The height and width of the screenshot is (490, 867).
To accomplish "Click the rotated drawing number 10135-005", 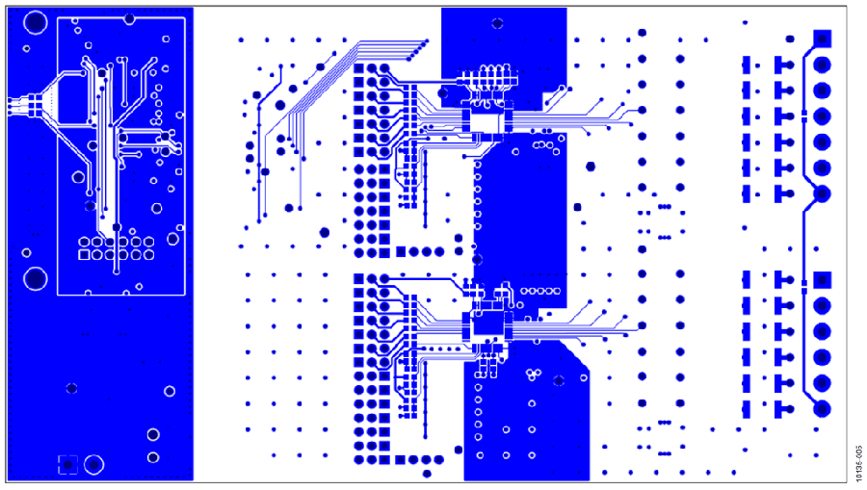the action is click(858, 463).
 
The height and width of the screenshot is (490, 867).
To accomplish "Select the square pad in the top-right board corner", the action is click(823, 39).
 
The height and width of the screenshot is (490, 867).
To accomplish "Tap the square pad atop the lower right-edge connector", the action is click(823, 280).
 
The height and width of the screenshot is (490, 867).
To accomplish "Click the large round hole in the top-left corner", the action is click(36, 23).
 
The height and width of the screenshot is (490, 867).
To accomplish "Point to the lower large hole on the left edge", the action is click(36, 278).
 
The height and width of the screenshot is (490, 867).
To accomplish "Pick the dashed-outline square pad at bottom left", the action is click(68, 465).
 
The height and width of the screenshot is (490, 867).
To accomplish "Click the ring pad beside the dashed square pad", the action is click(94, 465).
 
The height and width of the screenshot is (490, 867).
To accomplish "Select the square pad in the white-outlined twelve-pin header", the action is click(84, 255).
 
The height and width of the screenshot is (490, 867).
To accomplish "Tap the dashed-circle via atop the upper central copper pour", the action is click(497, 23).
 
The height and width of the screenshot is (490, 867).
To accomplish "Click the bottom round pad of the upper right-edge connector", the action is click(823, 193).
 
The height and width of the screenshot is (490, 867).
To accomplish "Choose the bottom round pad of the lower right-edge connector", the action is click(823, 409).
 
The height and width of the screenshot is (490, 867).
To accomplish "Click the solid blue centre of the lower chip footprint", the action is click(486, 324).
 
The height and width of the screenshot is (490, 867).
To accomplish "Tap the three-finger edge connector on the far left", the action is click(21, 106).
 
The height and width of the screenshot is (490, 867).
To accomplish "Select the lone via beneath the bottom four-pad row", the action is click(427, 474).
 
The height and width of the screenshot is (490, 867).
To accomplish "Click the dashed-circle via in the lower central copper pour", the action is click(559, 380).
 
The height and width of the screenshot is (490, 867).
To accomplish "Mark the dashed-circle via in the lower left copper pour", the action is click(71, 388).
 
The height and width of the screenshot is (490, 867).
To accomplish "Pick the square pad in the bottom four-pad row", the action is click(401, 459).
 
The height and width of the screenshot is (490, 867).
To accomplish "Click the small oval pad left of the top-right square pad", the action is click(790, 39).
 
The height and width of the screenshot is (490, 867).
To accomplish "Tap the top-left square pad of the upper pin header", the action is click(359, 68).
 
